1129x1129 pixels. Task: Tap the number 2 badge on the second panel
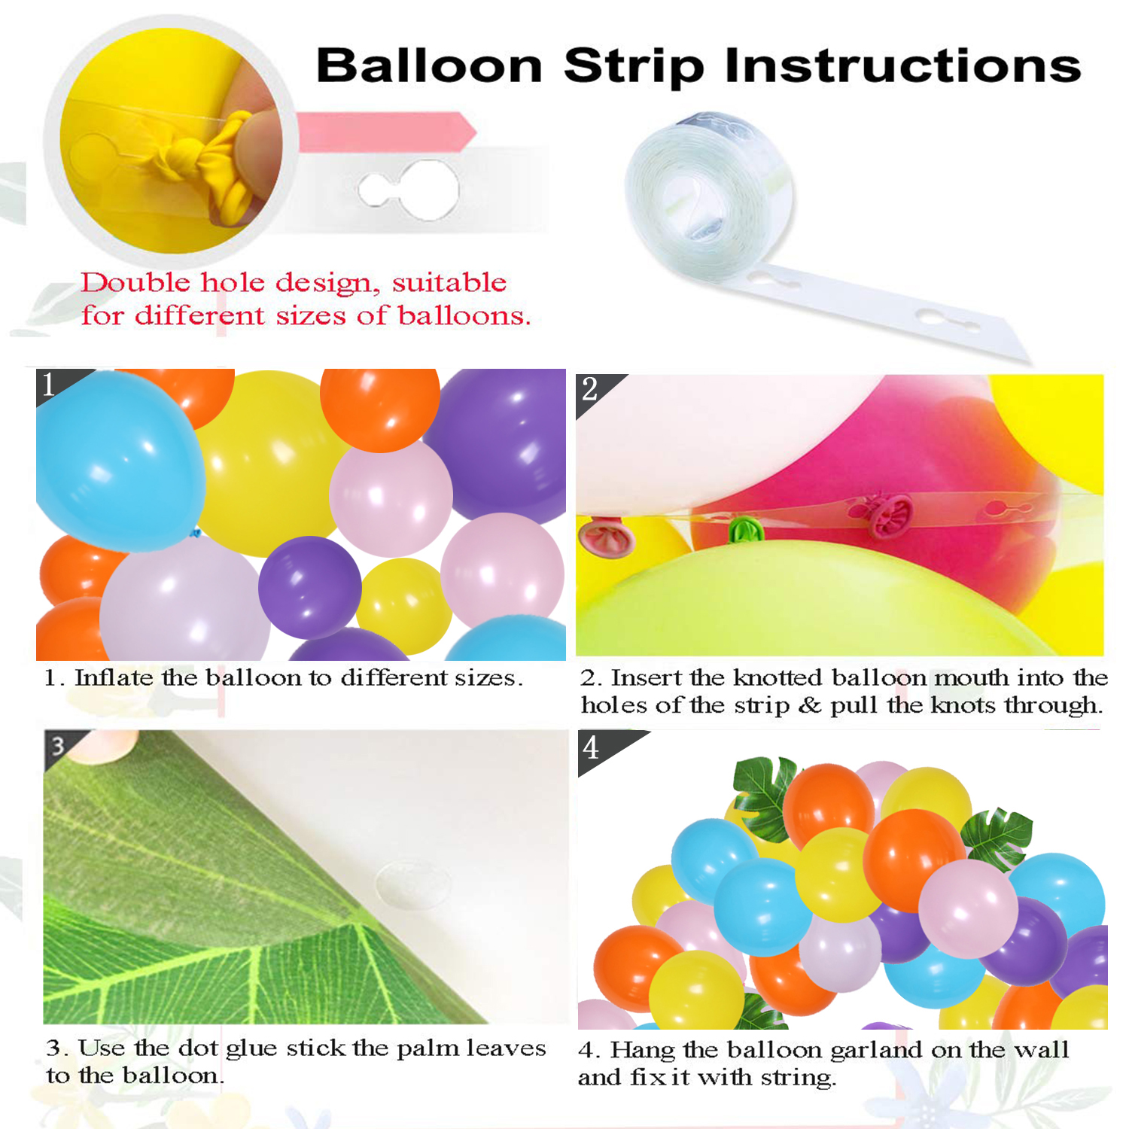(x=592, y=390)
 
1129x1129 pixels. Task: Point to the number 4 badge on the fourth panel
(x=593, y=748)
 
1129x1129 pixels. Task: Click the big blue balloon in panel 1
(x=119, y=461)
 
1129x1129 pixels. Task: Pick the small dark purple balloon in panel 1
(x=309, y=588)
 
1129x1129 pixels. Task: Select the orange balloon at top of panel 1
(x=380, y=406)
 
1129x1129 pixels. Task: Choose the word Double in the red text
(x=135, y=283)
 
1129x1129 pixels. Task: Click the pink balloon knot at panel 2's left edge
(x=604, y=537)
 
